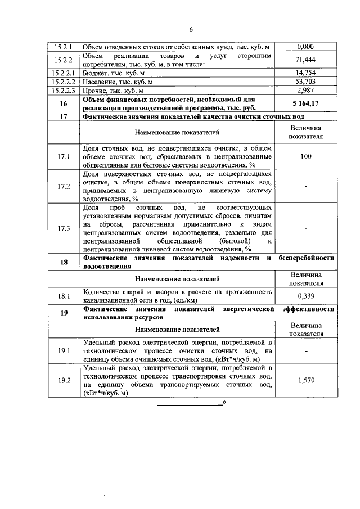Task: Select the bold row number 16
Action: [63, 103]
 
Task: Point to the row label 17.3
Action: [63, 228]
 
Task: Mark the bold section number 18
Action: [63, 262]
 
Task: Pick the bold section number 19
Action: [63, 313]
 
